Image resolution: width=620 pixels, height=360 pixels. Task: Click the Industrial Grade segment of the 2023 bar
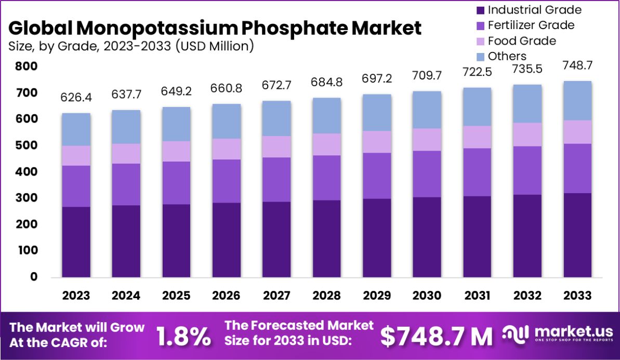(76, 242)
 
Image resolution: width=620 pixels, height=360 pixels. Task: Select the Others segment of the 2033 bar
(578, 101)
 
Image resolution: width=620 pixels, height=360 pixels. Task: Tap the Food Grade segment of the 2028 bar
(326, 144)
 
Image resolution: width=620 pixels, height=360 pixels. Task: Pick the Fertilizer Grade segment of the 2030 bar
(427, 174)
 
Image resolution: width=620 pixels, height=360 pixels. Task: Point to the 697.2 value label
(377, 79)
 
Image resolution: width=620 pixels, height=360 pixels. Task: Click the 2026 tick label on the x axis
(226, 296)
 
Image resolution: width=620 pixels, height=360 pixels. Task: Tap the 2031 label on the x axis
(477, 296)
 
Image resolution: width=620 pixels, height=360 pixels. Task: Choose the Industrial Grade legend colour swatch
(480, 10)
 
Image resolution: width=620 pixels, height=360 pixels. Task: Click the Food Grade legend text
(522, 41)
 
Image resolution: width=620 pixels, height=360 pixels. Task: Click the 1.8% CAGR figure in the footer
(183, 336)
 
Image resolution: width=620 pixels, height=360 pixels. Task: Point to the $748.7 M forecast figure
(436, 336)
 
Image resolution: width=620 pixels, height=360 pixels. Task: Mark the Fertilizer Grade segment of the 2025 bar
(176, 183)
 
